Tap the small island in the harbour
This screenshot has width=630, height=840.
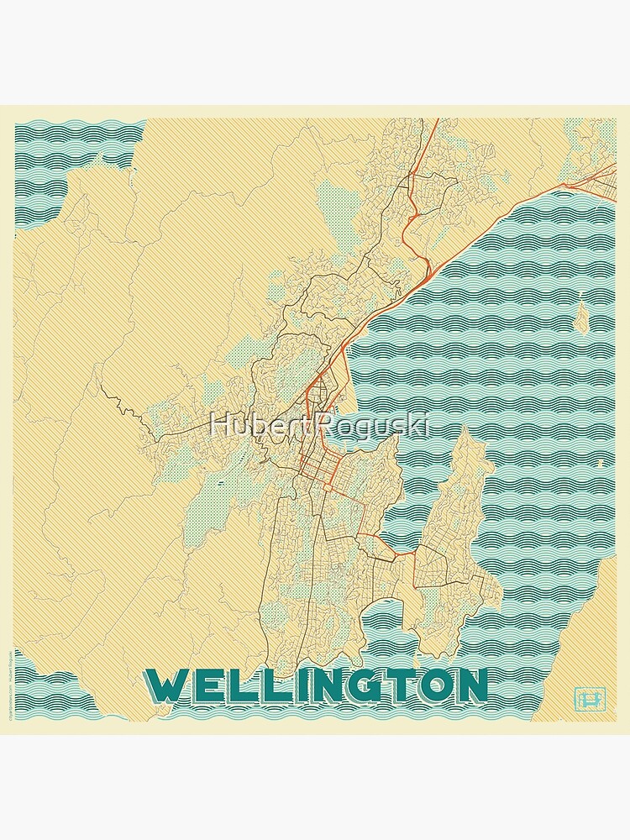(x=581, y=316)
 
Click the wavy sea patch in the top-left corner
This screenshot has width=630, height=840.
(x=67, y=160)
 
